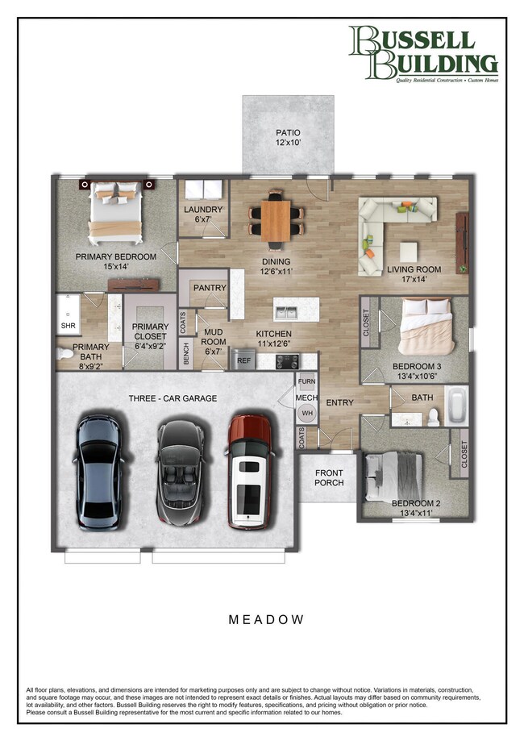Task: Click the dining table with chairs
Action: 277,219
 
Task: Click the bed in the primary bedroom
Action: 117,212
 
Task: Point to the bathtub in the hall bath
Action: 455,406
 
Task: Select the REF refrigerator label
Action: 243,362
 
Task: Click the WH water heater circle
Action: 306,413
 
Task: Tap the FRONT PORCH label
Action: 328,478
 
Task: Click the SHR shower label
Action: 68,327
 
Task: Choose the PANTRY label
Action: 209,287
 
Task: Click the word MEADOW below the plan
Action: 265,619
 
